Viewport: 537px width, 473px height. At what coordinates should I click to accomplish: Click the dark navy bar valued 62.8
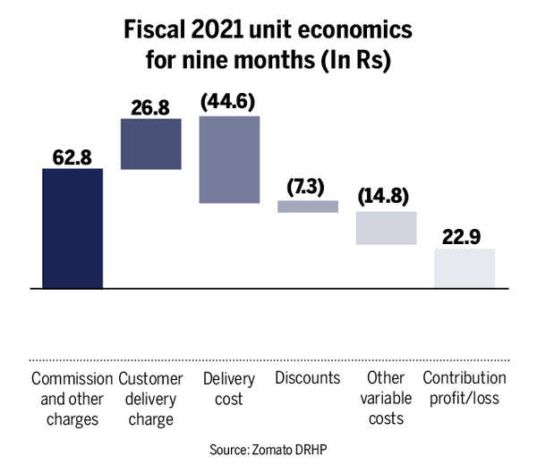coord(72,228)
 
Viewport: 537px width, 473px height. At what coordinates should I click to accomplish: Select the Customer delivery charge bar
coord(150,143)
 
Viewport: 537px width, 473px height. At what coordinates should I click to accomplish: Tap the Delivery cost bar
coord(229,160)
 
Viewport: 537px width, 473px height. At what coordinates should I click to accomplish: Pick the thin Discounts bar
coord(308,207)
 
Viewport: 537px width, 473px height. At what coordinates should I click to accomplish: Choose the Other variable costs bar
coord(386,228)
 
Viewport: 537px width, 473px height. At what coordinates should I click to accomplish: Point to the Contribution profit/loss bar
coord(464,268)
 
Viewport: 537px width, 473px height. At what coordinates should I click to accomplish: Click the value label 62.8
coord(72,156)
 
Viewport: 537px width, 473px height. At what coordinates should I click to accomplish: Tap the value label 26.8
coord(150,106)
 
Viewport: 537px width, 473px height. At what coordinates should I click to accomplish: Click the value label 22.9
coord(464,236)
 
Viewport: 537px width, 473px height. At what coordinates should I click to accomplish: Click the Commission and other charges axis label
coord(72,387)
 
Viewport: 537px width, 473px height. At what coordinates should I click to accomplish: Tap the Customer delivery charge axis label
coord(150,398)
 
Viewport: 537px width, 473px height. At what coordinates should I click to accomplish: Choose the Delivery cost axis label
coord(229,387)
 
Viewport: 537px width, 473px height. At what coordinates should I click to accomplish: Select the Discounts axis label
coord(307,377)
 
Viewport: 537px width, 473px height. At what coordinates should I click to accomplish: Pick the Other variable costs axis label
coord(386,398)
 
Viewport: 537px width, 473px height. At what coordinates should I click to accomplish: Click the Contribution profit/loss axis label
coord(464,387)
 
